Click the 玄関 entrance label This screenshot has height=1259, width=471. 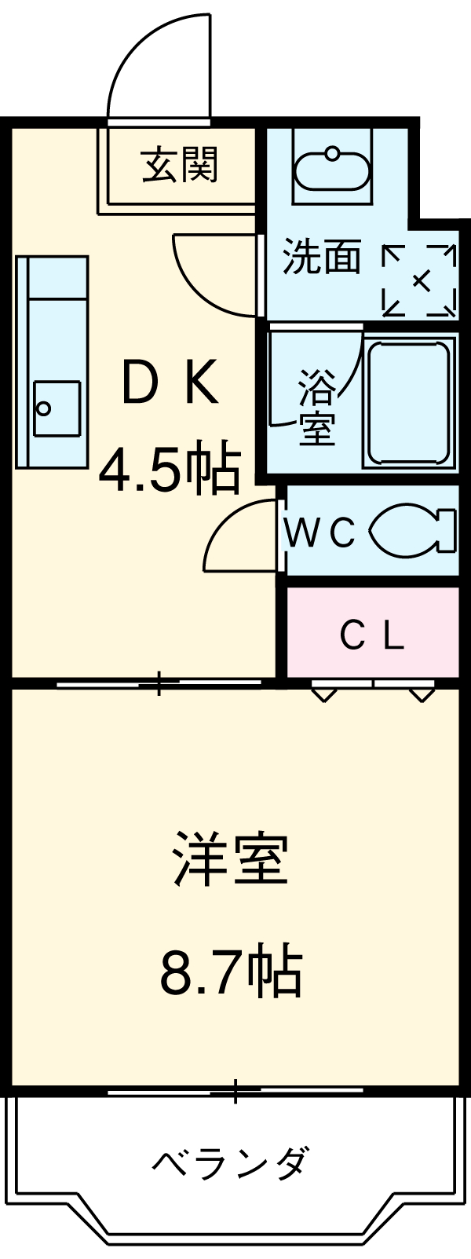pyautogui.click(x=180, y=165)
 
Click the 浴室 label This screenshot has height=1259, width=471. pyautogui.click(x=316, y=409)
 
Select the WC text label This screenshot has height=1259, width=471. pyautogui.click(x=320, y=533)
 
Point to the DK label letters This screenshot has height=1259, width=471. pyautogui.click(x=170, y=383)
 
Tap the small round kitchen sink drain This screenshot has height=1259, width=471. pyautogui.click(x=44, y=408)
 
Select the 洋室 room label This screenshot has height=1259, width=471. pyautogui.click(x=231, y=859)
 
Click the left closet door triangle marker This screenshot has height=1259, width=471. pyautogui.click(x=323, y=694)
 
